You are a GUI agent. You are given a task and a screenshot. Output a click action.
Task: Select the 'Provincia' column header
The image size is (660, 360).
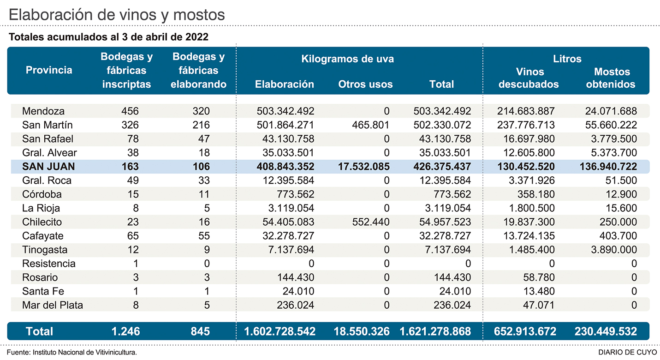pyautogui.click(x=49, y=70)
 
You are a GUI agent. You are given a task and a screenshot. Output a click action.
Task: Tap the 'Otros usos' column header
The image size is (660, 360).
pyautogui.click(x=365, y=84)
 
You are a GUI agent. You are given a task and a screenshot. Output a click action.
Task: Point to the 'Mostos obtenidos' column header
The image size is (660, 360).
pyautogui.click(x=612, y=78)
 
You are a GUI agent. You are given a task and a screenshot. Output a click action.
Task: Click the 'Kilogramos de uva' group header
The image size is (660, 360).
pyautogui.click(x=347, y=59)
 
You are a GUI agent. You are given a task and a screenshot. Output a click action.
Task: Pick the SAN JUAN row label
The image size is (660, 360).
pyautogui.click(x=49, y=167)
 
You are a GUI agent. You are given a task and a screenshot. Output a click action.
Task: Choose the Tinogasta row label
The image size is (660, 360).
pyautogui.click(x=45, y=250)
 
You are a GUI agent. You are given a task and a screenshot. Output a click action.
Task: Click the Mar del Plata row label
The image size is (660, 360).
pyautogui.click(x=53, y=305)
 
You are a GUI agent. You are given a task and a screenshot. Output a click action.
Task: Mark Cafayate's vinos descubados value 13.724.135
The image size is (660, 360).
pyautogui.click(x=526, y=236)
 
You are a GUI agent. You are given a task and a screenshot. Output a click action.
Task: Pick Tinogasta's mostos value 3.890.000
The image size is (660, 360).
pyautogui.click(x=612, y=250)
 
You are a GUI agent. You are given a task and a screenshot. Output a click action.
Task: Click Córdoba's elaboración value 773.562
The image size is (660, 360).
pyautogui.click(x=297, y=194)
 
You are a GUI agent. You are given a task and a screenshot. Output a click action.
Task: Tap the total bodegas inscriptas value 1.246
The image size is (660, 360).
pyautogui.click(x=125, y=331)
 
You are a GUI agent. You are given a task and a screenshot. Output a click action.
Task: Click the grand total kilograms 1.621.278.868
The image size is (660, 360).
pyautogui.click(x=435, y=331)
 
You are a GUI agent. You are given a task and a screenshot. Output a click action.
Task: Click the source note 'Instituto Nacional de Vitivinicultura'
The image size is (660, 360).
pyautogui.click(x=84, y=352)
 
